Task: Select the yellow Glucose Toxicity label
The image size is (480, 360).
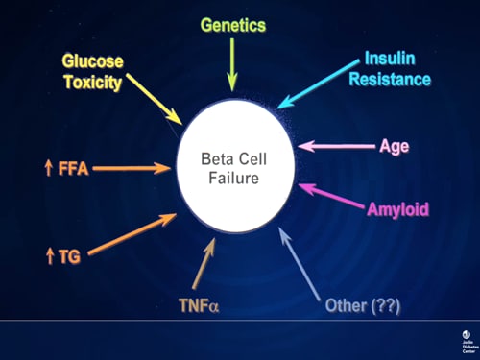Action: (94, 72)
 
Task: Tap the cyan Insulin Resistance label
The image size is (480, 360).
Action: (396, 68)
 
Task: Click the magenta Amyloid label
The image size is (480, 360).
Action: (397, 208)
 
